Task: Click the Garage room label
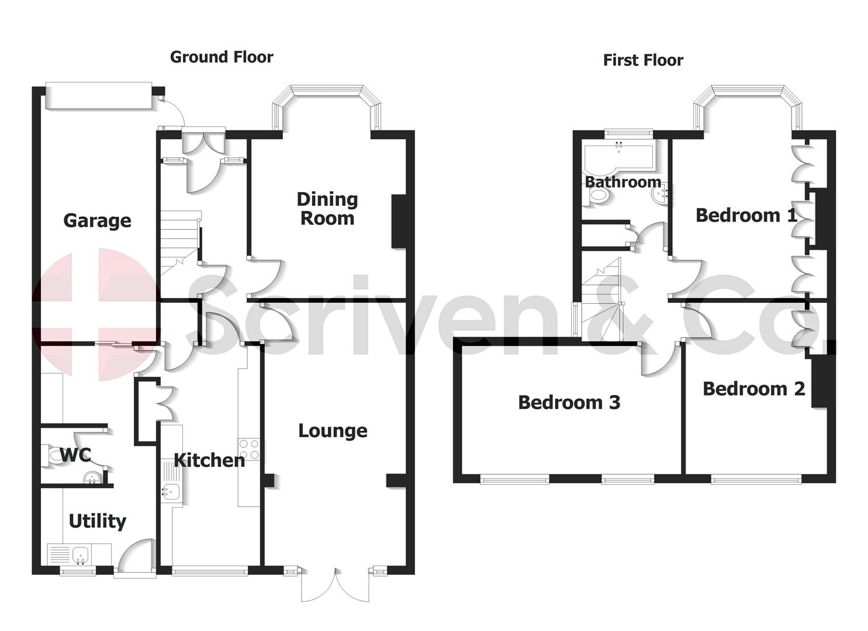(x=97, y=220)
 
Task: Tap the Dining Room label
(x=327, y=209)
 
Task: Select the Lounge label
(x=333, y=431)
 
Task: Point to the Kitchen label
(x=209, y=460)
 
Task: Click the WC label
(x=75, y=455)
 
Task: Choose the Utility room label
(x=97, y=521)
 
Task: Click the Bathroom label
(x=623, y=182)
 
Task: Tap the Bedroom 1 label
(x=746, y=215)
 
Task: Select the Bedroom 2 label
(x=753, y=389)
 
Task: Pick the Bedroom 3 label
(x=569, y=402)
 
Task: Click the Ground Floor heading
(x=222, y=57)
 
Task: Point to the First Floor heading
(x=643, y=60)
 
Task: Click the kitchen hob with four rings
(x=249, y=450)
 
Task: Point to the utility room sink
(x=79, y=553)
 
